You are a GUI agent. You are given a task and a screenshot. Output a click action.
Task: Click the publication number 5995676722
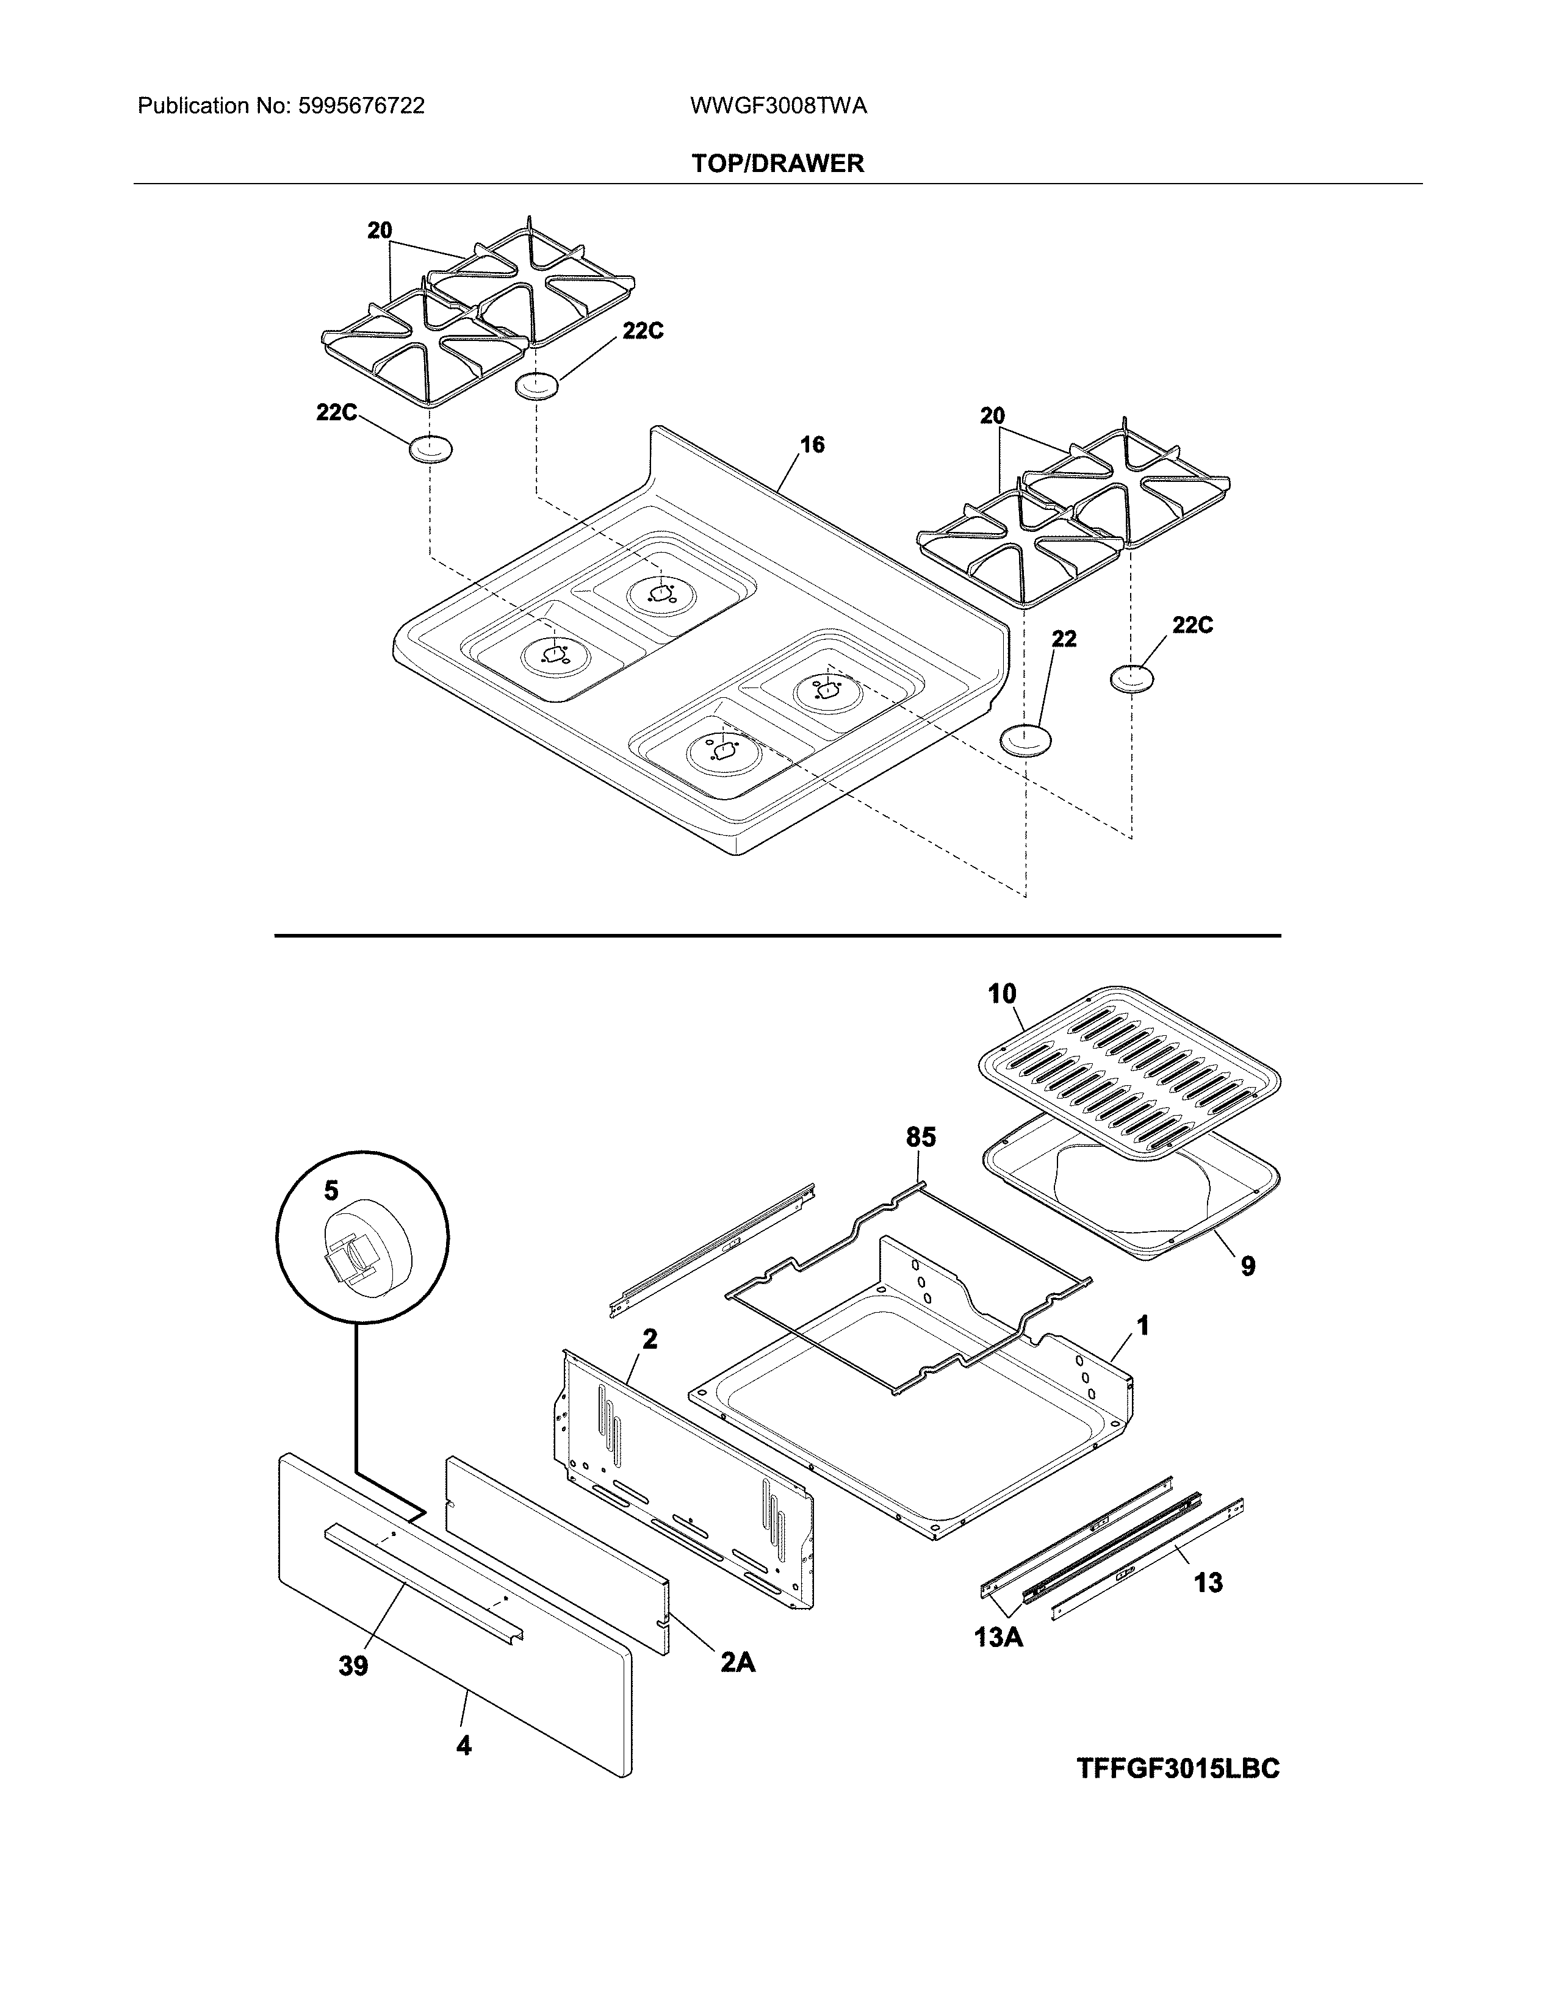click(x=361, y=106)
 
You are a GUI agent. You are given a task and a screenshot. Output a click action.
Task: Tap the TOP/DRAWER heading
click(x=778, y=164)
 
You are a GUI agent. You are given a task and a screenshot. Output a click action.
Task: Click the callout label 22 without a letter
click(x=1064, y=639)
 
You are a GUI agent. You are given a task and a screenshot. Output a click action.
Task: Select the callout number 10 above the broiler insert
click(x=1002, y=994)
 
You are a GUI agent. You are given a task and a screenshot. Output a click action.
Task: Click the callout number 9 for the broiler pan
click(x=1247, y=1266)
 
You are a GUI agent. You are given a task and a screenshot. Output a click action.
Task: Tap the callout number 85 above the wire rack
click(x=920, y=1138)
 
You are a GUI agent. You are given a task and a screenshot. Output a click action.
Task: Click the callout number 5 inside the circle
click(x=331, y=1191)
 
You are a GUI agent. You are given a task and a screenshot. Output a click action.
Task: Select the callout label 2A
click(x=738, y=1662)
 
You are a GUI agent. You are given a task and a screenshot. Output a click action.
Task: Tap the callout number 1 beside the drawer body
click(x=1142, y=1326)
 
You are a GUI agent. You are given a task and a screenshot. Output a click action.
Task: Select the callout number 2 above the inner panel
click(x=650, y=1339)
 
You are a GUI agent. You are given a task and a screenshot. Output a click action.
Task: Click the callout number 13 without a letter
click(x=1208, y=1582)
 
